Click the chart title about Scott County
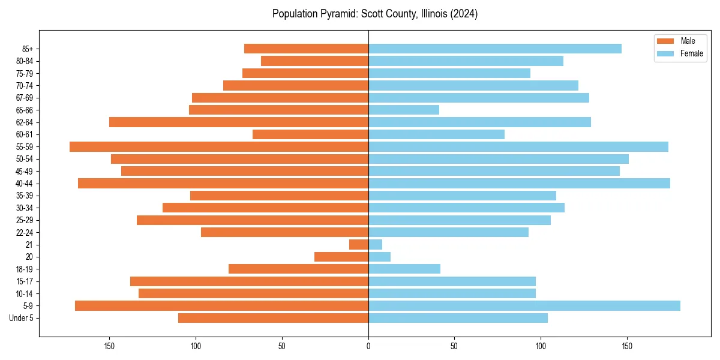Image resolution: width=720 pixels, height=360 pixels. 374,14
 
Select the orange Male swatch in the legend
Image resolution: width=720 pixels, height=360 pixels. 665,41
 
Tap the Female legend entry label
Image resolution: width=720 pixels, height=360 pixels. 691,53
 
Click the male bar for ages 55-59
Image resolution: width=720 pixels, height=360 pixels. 219,146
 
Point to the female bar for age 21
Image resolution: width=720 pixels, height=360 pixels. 375,244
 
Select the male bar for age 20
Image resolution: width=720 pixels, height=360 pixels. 341,257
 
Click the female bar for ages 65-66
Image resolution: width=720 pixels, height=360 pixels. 404,110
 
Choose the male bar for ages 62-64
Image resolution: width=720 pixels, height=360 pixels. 239,122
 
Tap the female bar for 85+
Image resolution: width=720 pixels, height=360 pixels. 495,49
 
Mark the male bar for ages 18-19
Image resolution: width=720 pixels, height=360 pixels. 298,269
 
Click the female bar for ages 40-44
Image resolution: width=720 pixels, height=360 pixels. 519,183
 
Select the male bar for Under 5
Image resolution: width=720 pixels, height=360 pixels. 273,318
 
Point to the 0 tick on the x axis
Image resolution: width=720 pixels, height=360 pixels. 368,346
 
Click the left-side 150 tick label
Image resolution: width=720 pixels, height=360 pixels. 109,346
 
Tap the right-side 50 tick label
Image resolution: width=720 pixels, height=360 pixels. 454,346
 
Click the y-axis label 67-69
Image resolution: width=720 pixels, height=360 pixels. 24,98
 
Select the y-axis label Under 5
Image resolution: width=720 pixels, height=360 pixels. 22,318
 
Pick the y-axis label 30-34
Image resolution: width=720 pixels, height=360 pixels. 24,208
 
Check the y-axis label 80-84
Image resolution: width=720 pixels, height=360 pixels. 24,61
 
